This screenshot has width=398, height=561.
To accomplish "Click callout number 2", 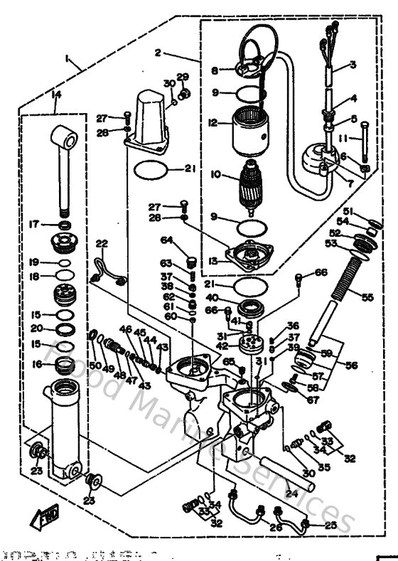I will (158, 52).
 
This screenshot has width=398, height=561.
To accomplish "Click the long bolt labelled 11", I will (364, 142).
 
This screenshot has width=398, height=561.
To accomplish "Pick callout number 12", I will (212, 123).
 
